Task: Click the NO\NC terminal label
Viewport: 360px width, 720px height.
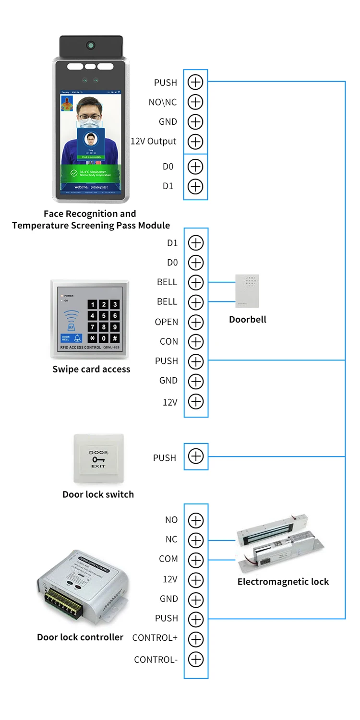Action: coord(163,102)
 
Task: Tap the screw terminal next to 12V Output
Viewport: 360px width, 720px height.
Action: coord(195,142)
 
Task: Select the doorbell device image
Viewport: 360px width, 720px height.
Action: coord(247,291)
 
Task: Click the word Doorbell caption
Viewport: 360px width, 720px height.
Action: coord(248,319)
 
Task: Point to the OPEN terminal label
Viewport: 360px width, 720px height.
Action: coord(167,322)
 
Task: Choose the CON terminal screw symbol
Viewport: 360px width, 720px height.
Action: coord(196,342)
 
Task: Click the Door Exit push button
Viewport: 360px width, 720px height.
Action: coord(98,459)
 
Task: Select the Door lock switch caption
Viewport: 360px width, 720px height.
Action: coord(98,494)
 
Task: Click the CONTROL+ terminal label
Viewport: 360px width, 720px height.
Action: coord(155,638)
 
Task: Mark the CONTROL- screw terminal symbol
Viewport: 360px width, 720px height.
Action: coord(196,660)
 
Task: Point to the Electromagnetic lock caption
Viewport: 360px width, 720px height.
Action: coord(283,582)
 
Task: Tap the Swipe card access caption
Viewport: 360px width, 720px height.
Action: coord(91,369)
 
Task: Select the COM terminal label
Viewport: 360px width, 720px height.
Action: coord(168,559)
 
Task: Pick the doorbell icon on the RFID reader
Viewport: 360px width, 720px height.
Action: coord(77,338)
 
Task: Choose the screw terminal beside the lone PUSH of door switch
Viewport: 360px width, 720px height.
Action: coord(196,456)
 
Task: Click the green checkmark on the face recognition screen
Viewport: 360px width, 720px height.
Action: coord(74,172)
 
